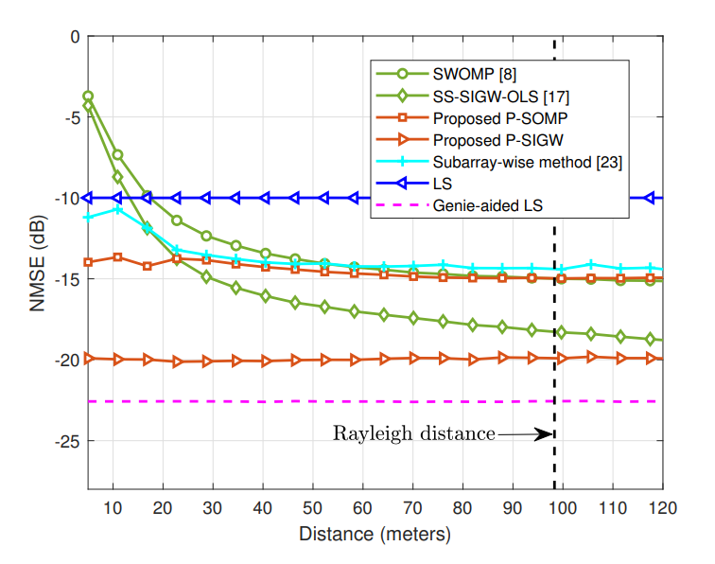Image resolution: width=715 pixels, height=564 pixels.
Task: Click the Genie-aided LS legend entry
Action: (488, 205)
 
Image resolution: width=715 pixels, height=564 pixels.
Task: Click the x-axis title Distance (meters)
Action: (375, 534)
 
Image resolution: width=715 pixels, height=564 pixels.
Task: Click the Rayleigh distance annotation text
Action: (413, 434)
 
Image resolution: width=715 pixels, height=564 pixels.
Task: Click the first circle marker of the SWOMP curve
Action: (88, 97)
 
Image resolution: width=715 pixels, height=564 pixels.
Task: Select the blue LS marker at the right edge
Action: (650, 198)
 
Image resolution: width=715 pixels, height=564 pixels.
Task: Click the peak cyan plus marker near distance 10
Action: (117, 208)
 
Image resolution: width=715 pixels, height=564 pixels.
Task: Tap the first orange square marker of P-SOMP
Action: (88, 262)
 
